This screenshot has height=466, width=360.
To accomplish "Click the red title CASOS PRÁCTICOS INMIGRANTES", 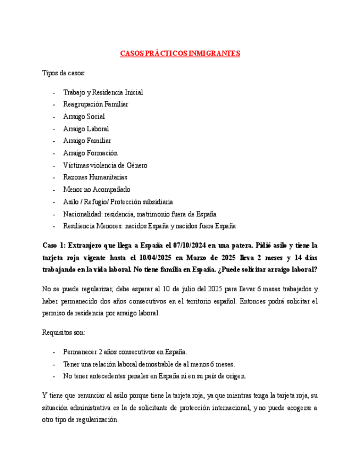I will click(180, 54).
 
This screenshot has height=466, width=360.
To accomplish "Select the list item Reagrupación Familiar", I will click(96, 104).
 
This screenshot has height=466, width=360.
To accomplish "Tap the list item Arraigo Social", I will click(84, 116).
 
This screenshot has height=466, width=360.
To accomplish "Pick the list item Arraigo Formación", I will click(90, 153).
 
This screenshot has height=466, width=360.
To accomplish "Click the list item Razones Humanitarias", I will click(95, 177).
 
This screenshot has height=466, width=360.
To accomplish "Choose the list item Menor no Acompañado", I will click(97, 190).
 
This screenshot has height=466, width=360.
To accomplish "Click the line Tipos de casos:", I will click(64, 73).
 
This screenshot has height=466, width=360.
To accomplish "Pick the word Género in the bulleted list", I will click(137, 165).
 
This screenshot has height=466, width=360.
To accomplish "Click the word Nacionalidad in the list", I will click(83, 214).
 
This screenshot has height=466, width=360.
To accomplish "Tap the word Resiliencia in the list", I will click(81, 226).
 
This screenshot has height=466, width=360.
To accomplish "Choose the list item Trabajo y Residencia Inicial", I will click(103, 92).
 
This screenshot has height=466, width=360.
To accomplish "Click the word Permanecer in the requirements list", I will click(82, 352).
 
